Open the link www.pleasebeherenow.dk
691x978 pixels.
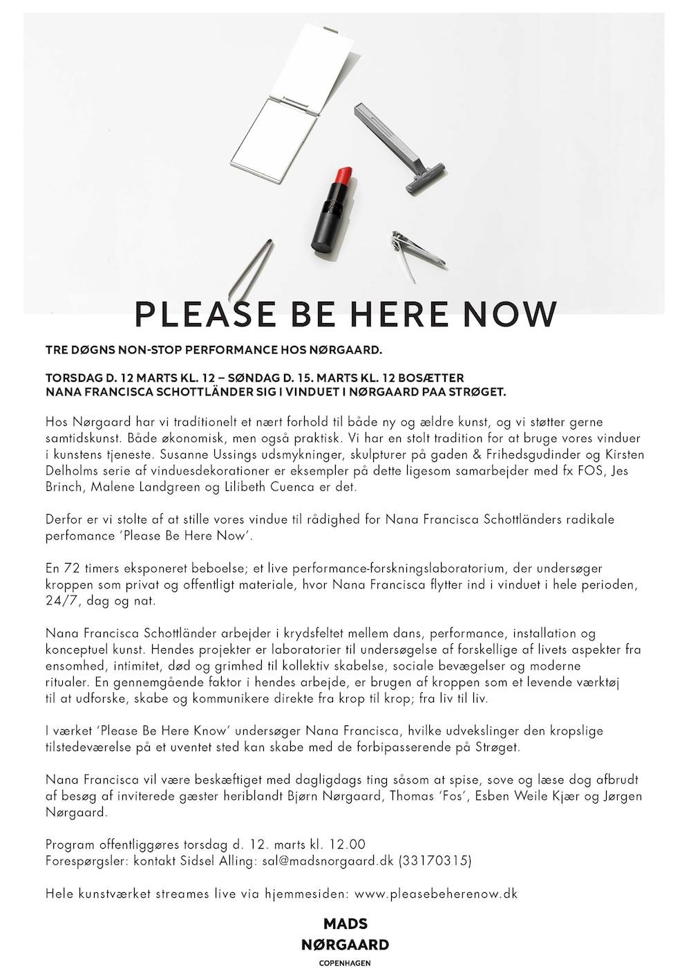click(436, 894)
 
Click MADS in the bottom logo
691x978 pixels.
click(345, 924)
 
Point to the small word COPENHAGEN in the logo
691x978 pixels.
click(345, 963)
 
